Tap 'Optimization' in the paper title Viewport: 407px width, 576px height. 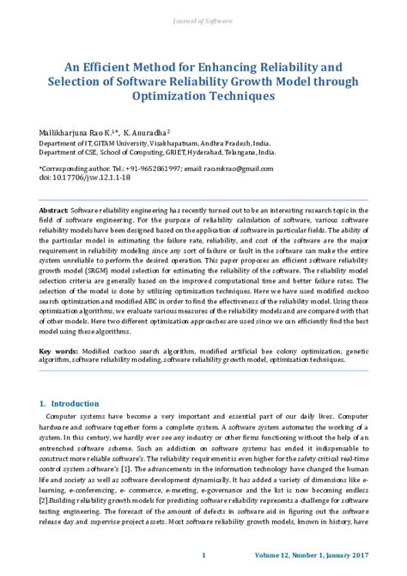[180, 96]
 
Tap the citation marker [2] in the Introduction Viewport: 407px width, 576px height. [45, 500]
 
